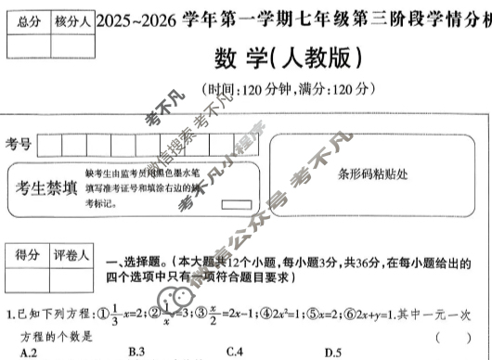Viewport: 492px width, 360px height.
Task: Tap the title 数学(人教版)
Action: pyautogui.click(x=289, y=58)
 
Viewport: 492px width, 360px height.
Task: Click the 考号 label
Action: pyautogui.click(x=19, y=144)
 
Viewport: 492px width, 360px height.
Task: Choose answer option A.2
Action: pyautogui.click(x=27, y=352)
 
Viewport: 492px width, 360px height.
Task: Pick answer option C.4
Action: pyautogui.click(x=234, y=352)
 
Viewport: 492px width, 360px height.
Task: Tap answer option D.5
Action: pyautogui.click(x=331, y=352)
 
